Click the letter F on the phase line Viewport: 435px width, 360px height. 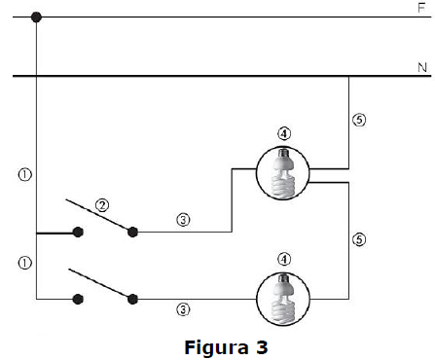point(421,8)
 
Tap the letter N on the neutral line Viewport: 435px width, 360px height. point(422,68)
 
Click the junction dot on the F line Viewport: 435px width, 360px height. point(36,17)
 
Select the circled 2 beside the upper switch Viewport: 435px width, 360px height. point(102,205)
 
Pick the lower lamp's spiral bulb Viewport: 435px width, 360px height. point(283,299)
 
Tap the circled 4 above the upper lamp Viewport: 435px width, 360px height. point(284,133)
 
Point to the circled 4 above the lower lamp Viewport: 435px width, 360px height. point(284,259)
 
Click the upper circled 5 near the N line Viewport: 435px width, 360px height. point(359,120)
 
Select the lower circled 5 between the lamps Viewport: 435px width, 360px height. point(359,239)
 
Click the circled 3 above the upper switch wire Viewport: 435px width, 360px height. point(183,220)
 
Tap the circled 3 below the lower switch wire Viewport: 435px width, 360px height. point(183,309)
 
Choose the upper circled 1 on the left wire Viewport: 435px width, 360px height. point(25,175)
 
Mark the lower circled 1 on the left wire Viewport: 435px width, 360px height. point(25,263)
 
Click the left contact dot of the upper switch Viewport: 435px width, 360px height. point(78,233)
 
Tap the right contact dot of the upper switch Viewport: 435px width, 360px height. point(132,233)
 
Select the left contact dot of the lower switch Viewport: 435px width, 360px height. point(78,299)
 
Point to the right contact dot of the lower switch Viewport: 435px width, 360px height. point(132,299)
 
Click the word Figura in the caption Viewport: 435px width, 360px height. point(216,348)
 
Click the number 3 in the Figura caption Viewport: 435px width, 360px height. point(262,347)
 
